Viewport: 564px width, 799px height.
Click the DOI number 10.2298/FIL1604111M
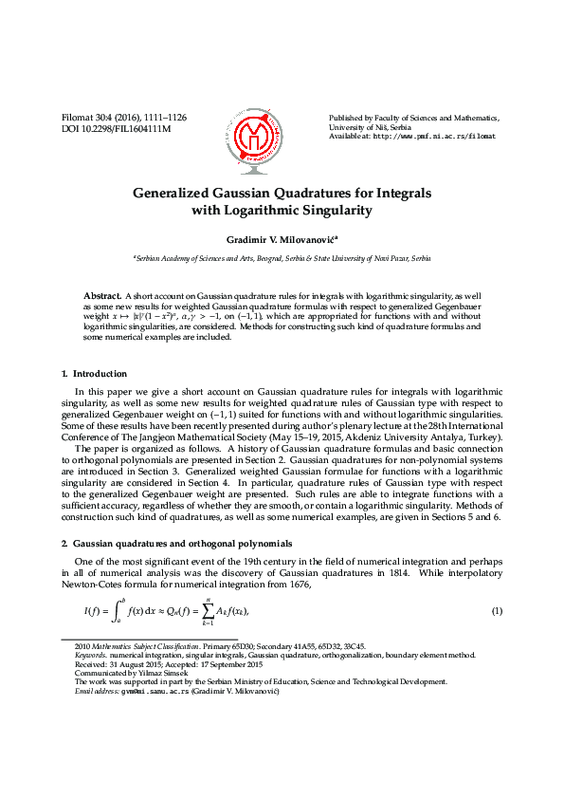130,128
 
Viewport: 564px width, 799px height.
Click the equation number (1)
496,609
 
